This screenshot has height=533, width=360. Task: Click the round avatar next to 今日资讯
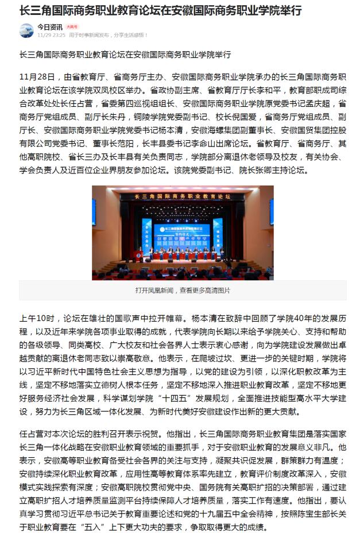(26, 30)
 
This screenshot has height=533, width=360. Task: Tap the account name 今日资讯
(50, 26)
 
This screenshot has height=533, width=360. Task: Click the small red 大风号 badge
(72, 26)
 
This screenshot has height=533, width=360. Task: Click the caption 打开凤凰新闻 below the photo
(154, 290)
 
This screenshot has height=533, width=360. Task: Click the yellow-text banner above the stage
(183, 196)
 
